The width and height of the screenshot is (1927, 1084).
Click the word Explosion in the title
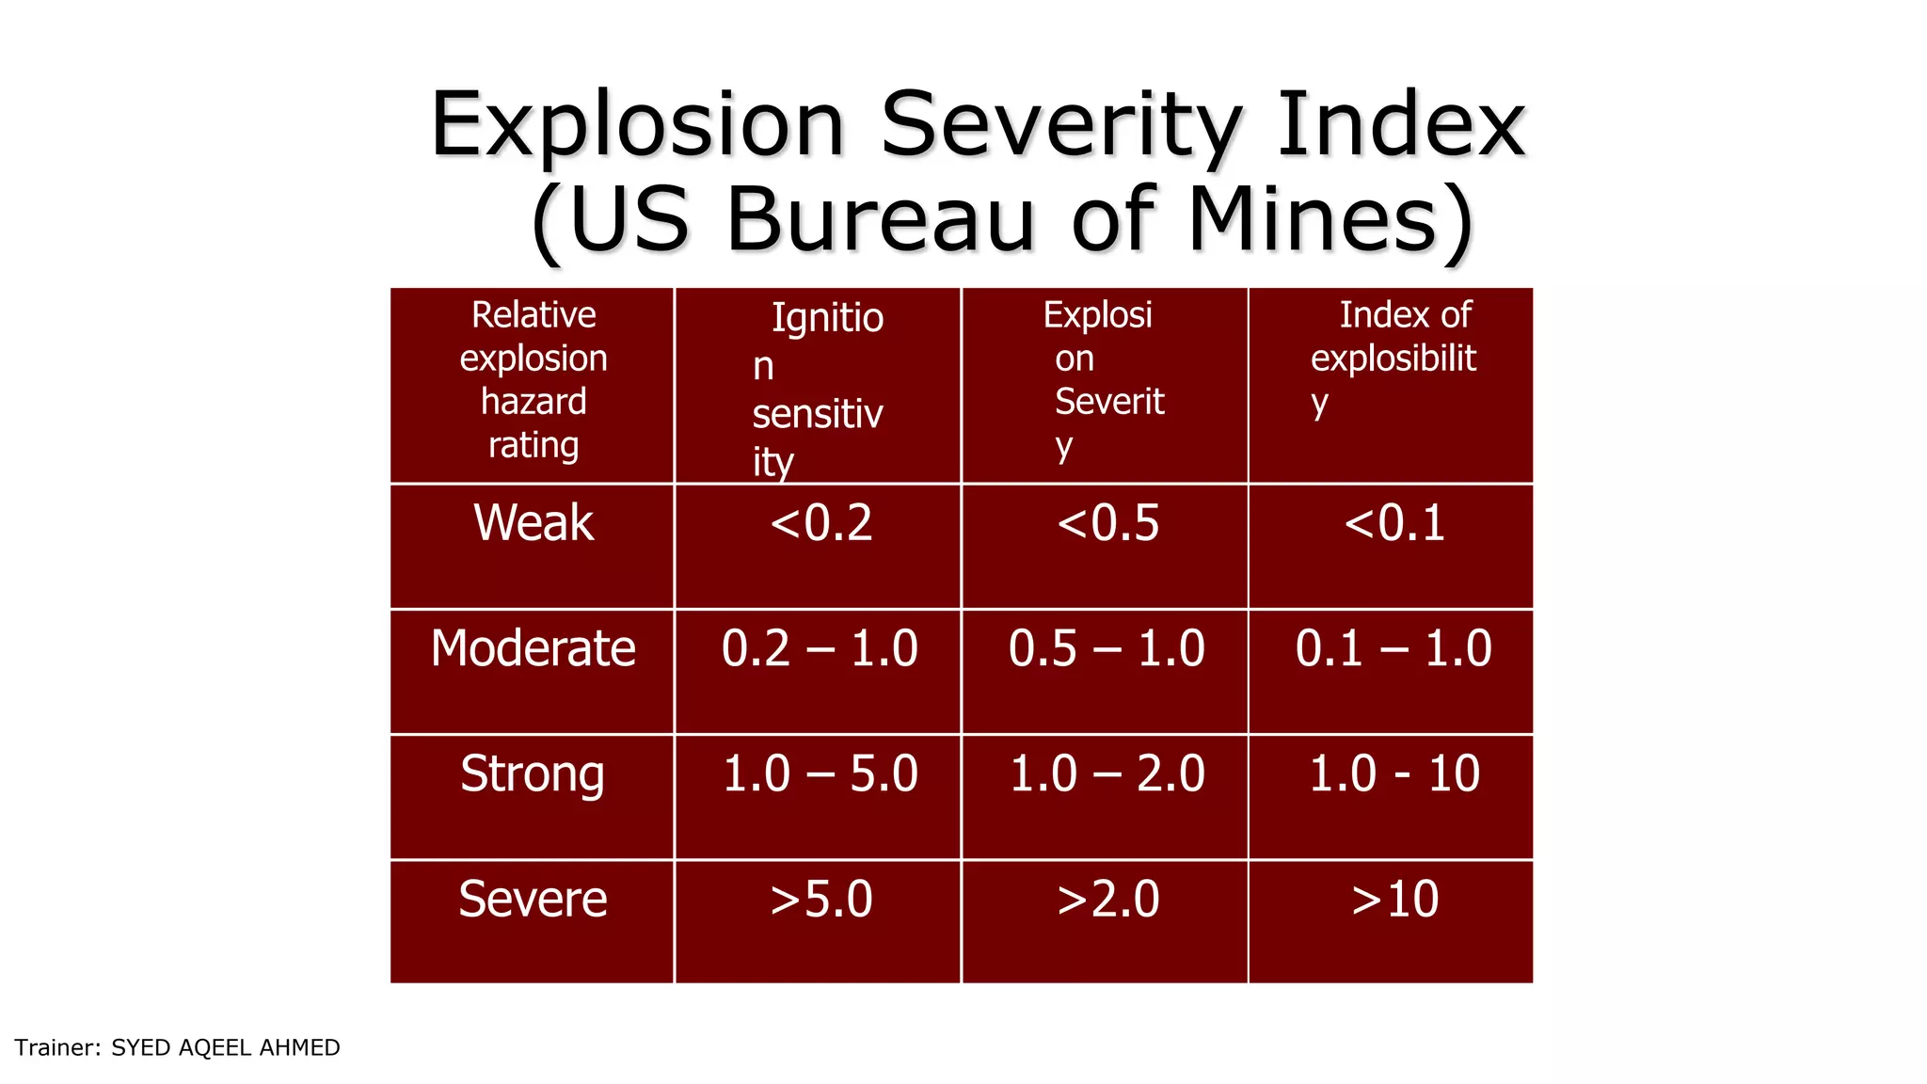coord(638,126)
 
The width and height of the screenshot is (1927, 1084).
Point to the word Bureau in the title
coord(881,219)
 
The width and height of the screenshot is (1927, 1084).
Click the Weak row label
coord(534,523)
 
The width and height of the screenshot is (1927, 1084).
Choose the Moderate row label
coord(534,648)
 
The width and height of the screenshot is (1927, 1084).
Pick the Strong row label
coord(533,774)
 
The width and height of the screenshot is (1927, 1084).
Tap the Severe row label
coord(533,900)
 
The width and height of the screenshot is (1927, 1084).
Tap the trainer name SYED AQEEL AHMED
coord(225,1048)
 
